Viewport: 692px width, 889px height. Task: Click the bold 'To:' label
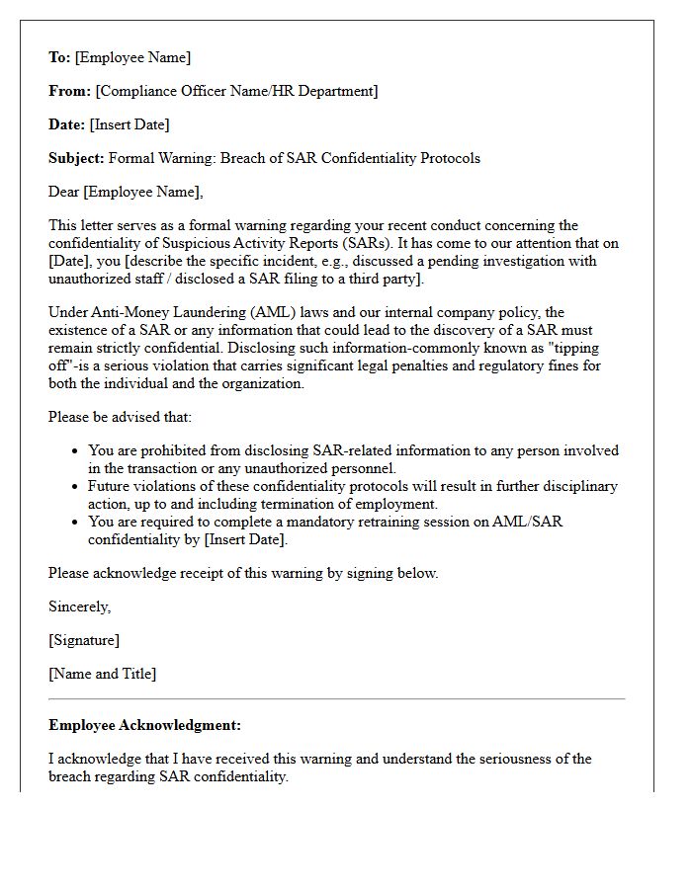59,57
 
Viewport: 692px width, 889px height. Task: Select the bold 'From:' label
69,91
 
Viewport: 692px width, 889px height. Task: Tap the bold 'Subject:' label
76,158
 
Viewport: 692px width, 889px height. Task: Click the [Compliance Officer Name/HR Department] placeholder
236,91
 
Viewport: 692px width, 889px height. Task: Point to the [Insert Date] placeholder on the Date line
130,124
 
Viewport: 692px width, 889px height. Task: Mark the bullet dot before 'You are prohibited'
75,451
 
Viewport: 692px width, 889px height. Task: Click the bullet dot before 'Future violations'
75,487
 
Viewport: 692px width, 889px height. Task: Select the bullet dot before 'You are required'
75,523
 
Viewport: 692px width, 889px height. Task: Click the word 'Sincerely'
79,606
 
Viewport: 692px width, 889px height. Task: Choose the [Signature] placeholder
84,640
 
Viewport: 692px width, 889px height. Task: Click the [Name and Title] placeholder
102,674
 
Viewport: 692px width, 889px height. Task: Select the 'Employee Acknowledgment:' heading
144,725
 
